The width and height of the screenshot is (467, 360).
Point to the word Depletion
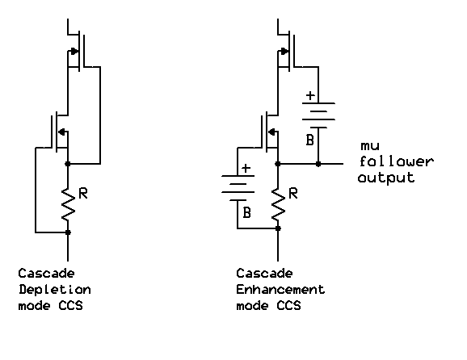(x=54, y=289)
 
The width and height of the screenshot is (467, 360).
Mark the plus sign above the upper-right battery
(x=309, y=95)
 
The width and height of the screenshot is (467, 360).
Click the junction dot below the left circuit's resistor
(x=68, y=232)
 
